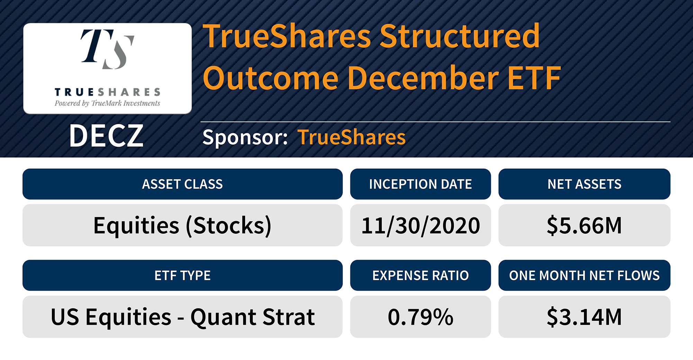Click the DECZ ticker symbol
click(106, 136)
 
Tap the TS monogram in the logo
click(107, 49)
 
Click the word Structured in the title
click(459, 36)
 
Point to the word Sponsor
click(245, 137)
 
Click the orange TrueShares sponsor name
click(351, 137)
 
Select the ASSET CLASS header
click(182, 184)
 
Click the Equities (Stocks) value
click(182, 226)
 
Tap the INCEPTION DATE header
click(420, 184)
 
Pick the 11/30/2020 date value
click(420, 226)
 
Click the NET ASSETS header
click(584, 184)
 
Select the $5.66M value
click(584, 226)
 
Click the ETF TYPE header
click(182, 276)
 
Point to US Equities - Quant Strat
click(182, 317)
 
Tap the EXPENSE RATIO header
click(420, 276)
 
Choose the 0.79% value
click(420, 317)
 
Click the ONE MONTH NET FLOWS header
click(584, 276)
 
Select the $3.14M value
click(584, 317)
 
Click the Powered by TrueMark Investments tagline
click(107, 103)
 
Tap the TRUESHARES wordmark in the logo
click(107, 92)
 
